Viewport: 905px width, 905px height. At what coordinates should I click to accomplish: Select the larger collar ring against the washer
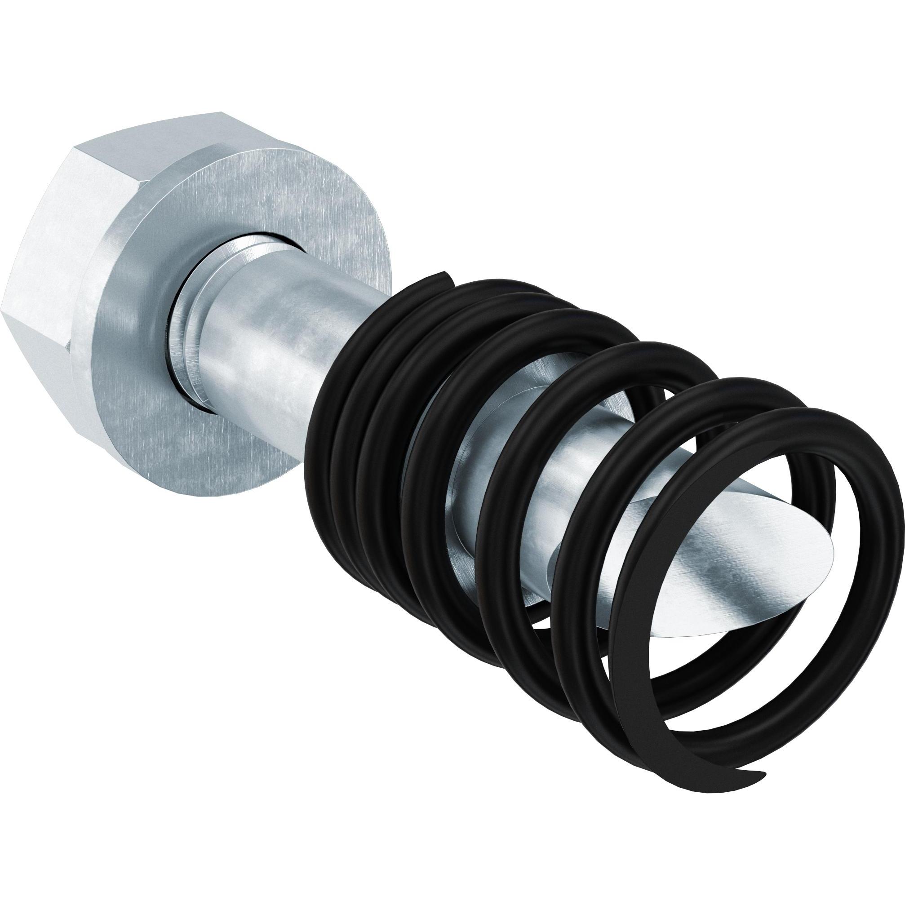[187, 328]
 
